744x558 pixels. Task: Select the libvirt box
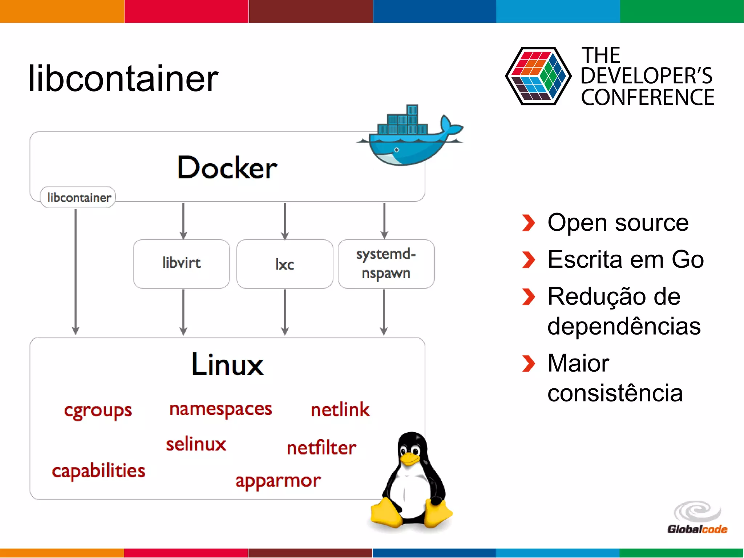pos(181,263)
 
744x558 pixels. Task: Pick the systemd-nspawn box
pos(386,264)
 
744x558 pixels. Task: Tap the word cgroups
pos(98,411)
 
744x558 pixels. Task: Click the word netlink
pos(340,410)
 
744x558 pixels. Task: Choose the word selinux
pos(196,444)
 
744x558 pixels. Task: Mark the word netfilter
pos(321,448)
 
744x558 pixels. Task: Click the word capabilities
pos(98,471)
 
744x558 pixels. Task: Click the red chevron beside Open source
pos(528,223)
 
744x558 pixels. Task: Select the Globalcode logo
pos(697,518)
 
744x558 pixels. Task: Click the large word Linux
pos(227,364)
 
